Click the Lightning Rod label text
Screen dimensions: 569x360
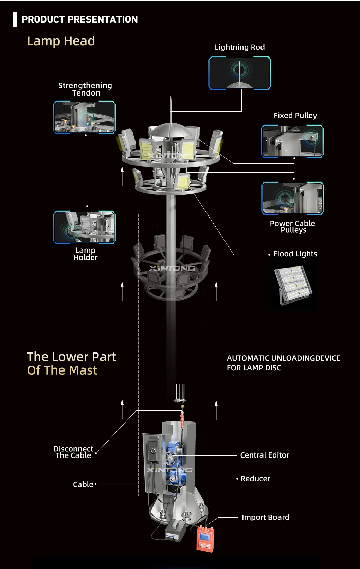[x=239, y=47]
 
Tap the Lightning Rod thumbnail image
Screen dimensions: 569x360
[x=239, y=73]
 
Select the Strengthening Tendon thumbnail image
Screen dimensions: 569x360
[x=85, y=117]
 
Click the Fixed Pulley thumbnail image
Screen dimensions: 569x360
[x=292, y=141]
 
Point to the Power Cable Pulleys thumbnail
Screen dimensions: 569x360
[x=292, y=198]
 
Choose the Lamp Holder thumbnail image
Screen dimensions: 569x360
[x=85, y=227]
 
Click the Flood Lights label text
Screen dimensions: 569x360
[x=295, y=254]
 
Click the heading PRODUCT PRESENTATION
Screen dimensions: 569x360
[x=79, y=19]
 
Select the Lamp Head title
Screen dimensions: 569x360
[x=61, y=41]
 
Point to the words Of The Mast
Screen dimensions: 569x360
[x=62, y=370]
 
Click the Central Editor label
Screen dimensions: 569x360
[x=265, y=455]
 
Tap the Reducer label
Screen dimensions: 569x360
[x=255, y=479]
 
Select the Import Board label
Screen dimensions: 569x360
[x=265, y=517]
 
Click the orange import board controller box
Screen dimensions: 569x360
[x=205, y=538]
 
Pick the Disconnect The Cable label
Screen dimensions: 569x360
[x=73, y=452]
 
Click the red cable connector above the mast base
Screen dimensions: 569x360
[x=182, y=419]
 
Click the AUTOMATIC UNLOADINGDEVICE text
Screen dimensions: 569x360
[x=283, y=358]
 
